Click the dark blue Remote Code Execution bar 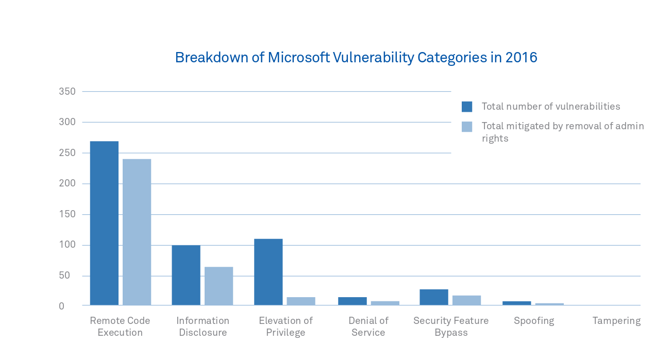(104, 223)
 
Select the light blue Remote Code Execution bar (137, 232)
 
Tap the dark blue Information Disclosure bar (186, 275)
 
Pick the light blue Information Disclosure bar (219, 286)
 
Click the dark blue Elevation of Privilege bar (268, 272)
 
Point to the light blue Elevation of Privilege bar (301, 301)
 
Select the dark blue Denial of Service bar (352, 301)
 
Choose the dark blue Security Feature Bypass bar (434, 297)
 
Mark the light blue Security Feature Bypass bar (466, 300)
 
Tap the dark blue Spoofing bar (516, 303)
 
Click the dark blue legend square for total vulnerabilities (467, 107)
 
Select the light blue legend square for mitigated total (467, 127)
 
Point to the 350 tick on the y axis (67, 92)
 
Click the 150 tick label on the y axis (67, 214)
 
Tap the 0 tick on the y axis (61, 306)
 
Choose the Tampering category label (616, 321)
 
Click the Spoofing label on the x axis (534, 321)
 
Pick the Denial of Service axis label (368, 327)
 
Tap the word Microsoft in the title (298, 57)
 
